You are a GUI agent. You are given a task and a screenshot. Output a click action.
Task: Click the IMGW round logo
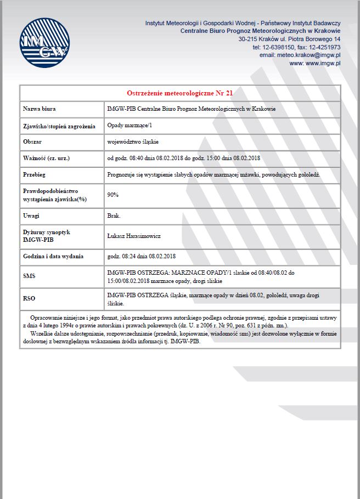click(45, 43)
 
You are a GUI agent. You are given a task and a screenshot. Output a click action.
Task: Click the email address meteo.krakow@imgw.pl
click(300, 55)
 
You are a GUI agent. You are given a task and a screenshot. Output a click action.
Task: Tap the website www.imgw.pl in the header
click(323, 64)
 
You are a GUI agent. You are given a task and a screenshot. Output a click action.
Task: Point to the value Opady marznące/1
click(130, 126)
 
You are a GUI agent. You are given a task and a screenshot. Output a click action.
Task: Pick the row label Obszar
click(32, 142)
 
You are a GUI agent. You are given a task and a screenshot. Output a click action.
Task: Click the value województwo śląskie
click(133, 142)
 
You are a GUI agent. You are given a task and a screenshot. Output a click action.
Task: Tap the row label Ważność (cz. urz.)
click(47, 158)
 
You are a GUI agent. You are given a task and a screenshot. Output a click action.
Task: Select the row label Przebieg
click(35, 175)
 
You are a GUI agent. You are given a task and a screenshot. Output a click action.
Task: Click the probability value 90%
click(113, 195)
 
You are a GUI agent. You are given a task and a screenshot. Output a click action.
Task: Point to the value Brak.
click(114, 216)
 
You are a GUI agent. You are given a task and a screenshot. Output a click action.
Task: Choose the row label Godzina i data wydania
click(53, 256)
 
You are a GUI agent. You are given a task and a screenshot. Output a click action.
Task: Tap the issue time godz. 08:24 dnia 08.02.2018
click(142, 256)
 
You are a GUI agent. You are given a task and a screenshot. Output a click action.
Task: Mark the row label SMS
click(29, 276)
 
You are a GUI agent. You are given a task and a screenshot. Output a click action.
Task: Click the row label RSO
click(29, 299)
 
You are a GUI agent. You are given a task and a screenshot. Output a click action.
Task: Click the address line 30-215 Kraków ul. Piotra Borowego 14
click(289, 39)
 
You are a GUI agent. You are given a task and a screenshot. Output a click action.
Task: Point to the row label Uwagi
click(31, 216)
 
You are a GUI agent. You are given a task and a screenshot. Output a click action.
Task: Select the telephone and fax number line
click(296, 48)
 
